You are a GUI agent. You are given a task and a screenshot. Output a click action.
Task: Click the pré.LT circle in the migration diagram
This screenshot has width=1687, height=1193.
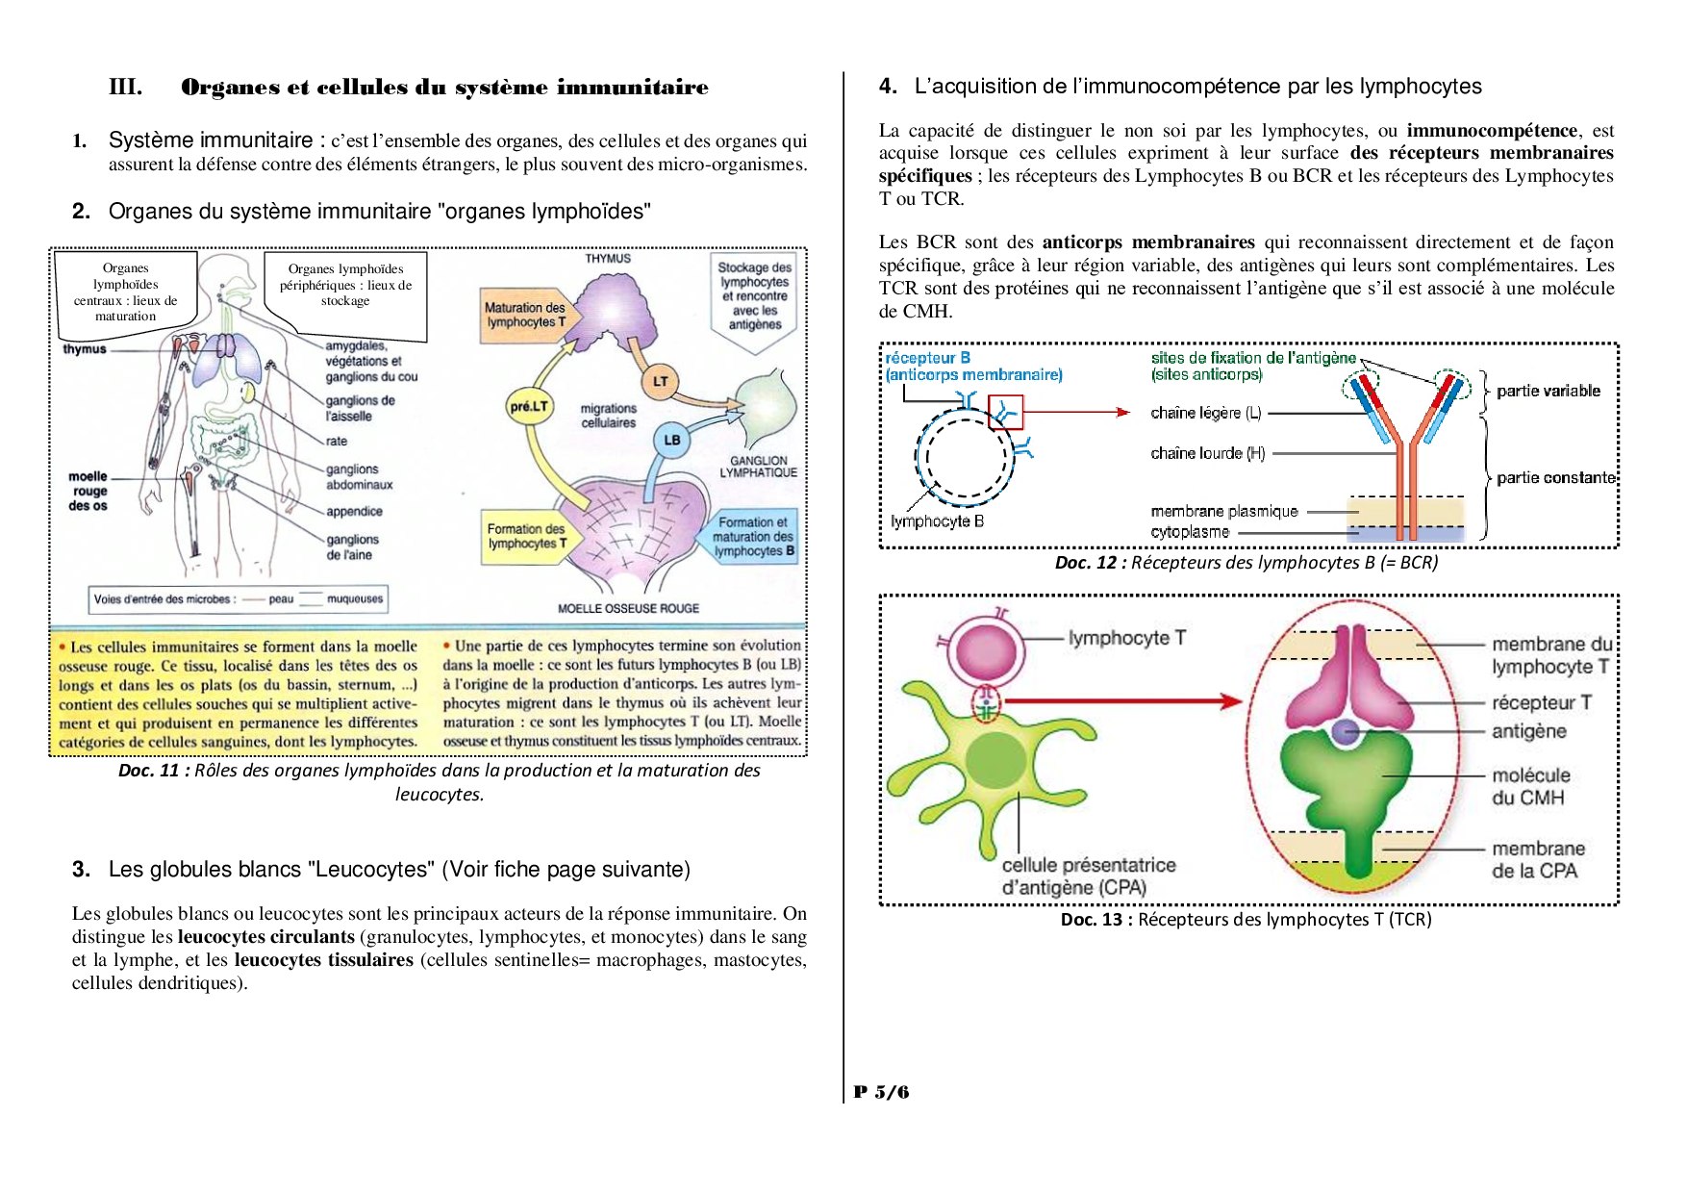pyautogui.click(x=528, y=407)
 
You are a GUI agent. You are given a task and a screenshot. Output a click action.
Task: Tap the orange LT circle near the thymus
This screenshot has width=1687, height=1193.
pyautogui.click(x=660, y=381)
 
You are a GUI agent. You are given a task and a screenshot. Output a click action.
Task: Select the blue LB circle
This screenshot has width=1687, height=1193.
pyautogui.click(x=671, y=440)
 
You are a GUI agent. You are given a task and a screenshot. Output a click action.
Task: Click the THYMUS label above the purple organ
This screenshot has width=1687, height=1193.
pyautogui.click(x=608, y=259)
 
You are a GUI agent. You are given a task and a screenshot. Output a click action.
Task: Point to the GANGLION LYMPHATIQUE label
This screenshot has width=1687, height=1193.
pyautogui.click(x=758, y=467)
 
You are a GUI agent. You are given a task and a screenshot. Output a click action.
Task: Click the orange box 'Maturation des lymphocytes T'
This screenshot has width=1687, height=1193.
pyautogui.click(x=525, y=315)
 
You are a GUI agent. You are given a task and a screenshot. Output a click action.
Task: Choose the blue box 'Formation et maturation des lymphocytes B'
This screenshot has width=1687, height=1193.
pyautogui.click(x=753, y=537)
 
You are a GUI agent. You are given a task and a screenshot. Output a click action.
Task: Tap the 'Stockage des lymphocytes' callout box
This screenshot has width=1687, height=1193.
pyautogui.click(x=755, y=294)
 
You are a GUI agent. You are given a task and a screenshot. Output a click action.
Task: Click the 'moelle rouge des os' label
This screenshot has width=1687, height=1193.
pyautogui.click(x=88, y=491)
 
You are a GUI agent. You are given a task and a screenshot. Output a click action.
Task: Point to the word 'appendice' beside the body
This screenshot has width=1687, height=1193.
pyautogui.click(x=354, y=512)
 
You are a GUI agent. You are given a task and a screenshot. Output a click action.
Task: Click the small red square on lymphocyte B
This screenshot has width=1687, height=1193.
pyautogui.click(x=1005, y=413)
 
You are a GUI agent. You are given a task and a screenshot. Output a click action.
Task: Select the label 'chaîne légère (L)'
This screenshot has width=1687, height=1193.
pyautogui.click(x=1205, y=413)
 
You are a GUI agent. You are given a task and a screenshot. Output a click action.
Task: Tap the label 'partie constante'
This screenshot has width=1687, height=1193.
pyautogui.click(x=1555, y=478)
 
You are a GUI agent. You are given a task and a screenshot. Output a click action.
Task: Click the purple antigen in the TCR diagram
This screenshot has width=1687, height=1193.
pyautogui.click(x=1345, y=733)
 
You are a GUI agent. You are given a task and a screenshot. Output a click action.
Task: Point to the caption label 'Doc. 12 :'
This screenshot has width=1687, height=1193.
pyautogui.click(x=1090, y=563)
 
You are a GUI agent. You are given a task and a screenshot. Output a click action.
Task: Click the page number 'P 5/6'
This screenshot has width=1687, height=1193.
pyautogui.click(x=881, y=1092)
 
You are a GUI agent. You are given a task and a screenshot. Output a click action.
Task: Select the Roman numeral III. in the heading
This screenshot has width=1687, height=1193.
pyautogui.click(x=125, y=88)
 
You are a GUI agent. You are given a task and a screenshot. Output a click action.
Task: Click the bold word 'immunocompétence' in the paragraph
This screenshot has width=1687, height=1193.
pyautogui.click(x=1492, y=131)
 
